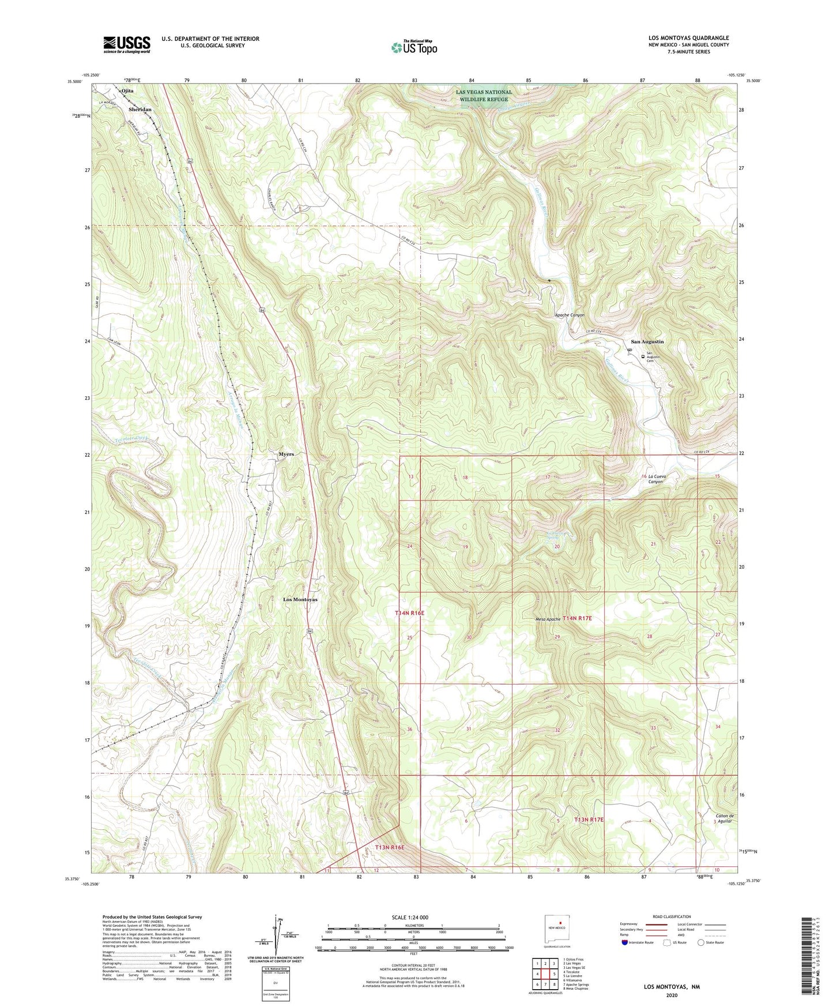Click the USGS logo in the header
tap(127, 44)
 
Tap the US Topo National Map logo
tap(414, 47)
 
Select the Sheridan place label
tap(140, 109)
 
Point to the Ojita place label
tap(127, 91)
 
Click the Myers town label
tap(286, 454)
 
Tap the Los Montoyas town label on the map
tap(300, 600)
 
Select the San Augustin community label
tap(647, 341)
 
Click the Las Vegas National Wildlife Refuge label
tap(483, 96)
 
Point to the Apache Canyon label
tap(570, 315)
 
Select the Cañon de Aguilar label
tap(724, 818)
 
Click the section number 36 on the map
tap(410, 730)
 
